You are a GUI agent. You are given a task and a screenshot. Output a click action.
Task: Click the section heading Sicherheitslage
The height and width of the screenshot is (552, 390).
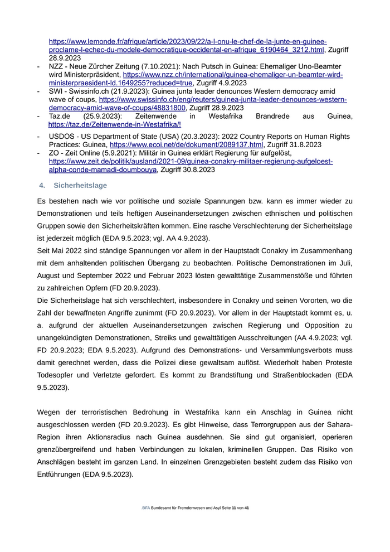click(80, 185)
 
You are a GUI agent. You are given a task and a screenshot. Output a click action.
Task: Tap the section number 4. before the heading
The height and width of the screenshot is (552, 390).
click(42, 185)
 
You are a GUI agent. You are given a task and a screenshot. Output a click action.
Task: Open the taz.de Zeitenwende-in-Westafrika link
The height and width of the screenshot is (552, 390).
click(114, 125)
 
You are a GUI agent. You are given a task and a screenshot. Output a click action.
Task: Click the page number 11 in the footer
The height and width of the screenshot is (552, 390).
click(234, 508)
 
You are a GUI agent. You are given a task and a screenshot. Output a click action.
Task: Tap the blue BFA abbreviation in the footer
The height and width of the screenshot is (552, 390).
click(146, 508)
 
